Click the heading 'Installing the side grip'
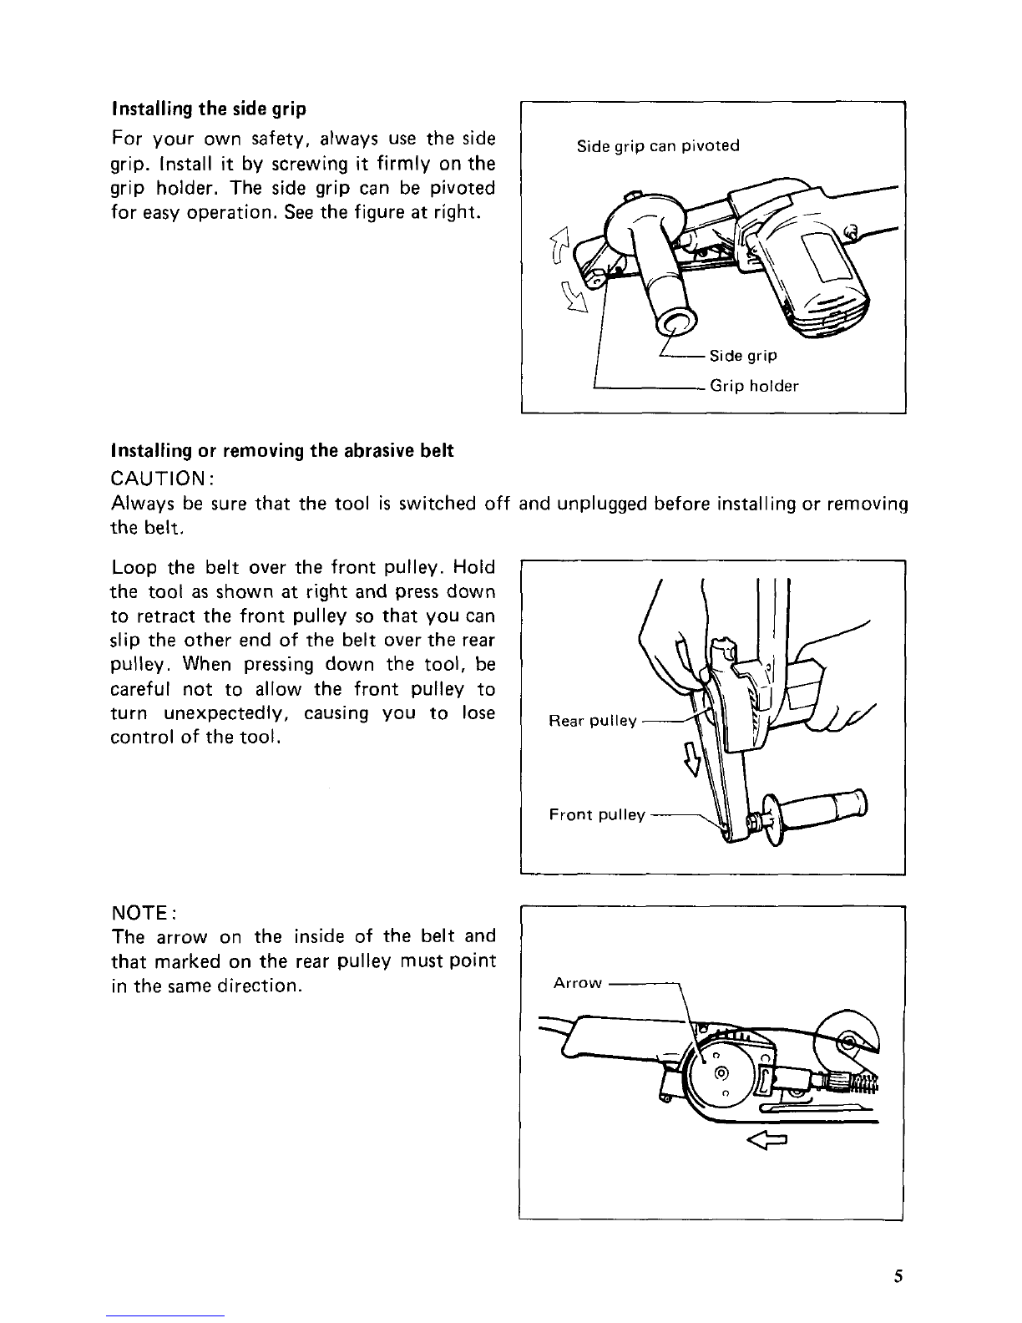(x=209, y=109)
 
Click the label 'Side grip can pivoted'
(x=658, y=146)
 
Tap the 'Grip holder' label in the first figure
(x=754, y=386)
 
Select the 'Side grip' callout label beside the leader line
(x=743, y=356)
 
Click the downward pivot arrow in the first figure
(x=574, y=297)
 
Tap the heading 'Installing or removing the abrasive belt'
(x=282, y=450)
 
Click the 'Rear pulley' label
(x=592, y=721)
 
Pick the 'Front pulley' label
(x=596, y=814)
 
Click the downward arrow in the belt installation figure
(x=691, y=760)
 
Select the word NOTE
(x=141, y=913)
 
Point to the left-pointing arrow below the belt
(x=766, y=1140)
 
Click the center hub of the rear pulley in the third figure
(x=722, y=1072)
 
